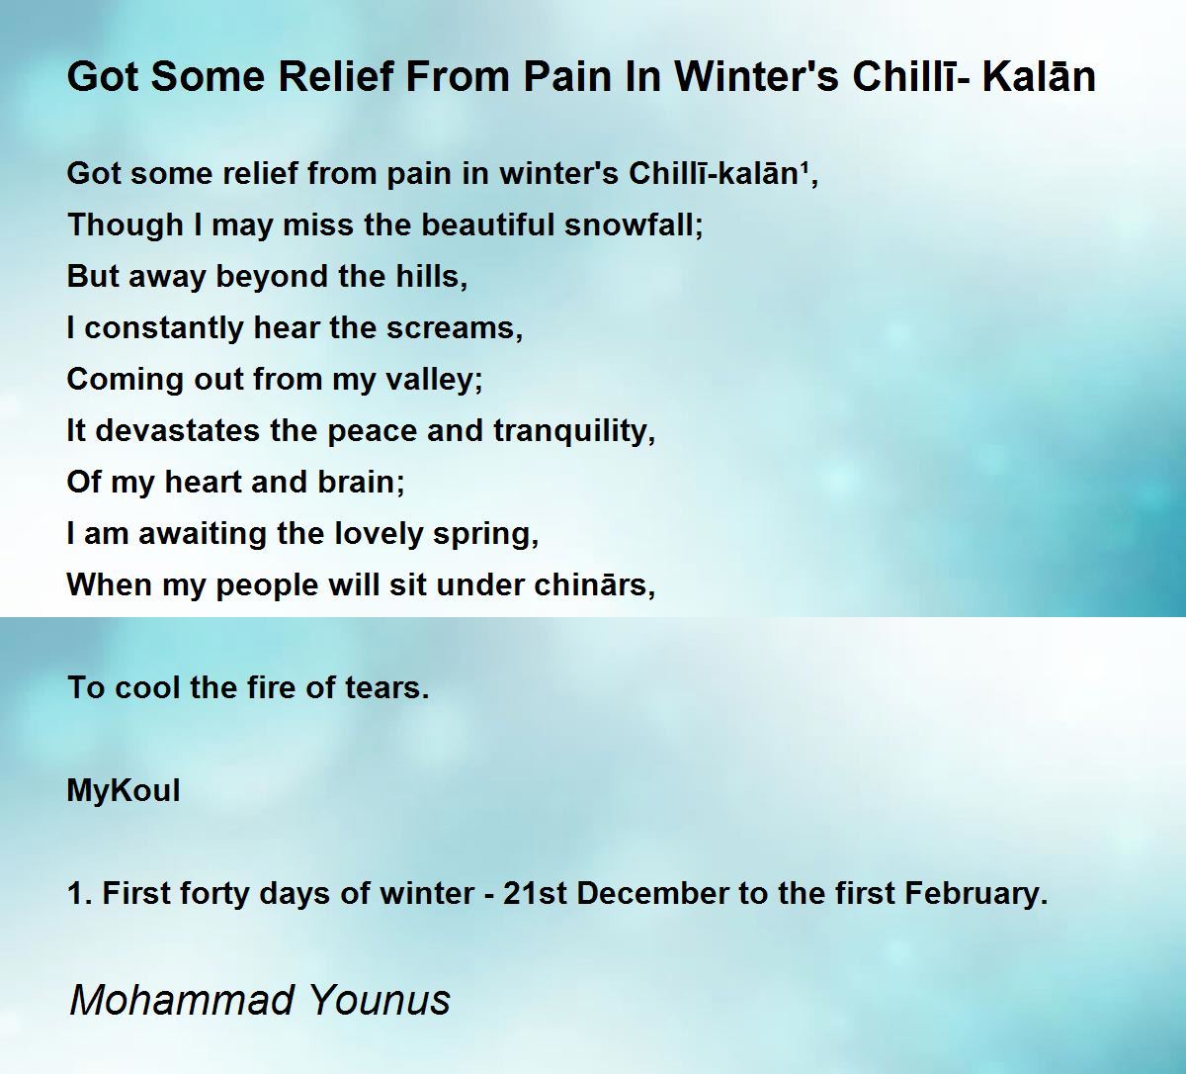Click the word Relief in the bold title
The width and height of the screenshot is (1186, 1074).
[x=336, y=77]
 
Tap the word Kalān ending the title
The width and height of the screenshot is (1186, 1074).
[x=1039, y=77]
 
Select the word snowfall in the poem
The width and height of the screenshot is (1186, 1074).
[x=634, y=224]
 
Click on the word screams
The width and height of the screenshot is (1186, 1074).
[x=455, y=328]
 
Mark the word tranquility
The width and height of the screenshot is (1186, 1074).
[x=574, y=431]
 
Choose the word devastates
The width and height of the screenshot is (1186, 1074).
[x=177, y=431]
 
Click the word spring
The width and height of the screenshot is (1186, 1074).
[x=485, y=534]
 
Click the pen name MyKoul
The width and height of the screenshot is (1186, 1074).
[x=124, y=791]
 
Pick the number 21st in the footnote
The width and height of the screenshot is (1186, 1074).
[x=535, y=894]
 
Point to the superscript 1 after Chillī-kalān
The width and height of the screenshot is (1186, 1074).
[x=805, y=165]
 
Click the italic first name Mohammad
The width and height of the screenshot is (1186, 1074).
[x=182, y=1001]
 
